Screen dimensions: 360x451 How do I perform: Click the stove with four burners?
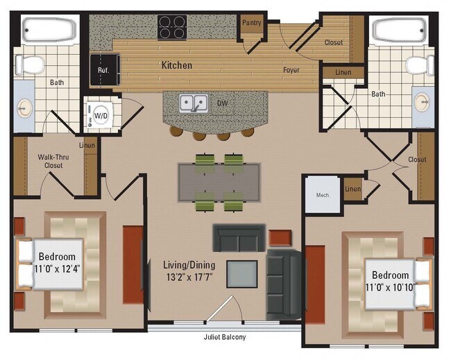pyautogui.click(x=171, y=27)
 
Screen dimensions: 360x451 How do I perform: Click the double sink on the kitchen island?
pyautogui.click(x=194, y=104)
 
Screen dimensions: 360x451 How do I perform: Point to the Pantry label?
pyautogui.click(x=250, y=23)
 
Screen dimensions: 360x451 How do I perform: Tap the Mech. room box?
pyautogui.click(x=323, y=195)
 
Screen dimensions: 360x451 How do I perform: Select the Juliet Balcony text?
pyautogui.click(x=224, y=338)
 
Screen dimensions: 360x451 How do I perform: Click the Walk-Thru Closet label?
pyautogui.click(x=49, y=161)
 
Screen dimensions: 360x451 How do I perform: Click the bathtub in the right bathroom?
pyautogui.click(x=400, y=30)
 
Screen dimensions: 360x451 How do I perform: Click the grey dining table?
pyautogui.click(x=219, y=182)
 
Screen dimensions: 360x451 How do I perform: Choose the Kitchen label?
pyautogui.click(x=177, y=65)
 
